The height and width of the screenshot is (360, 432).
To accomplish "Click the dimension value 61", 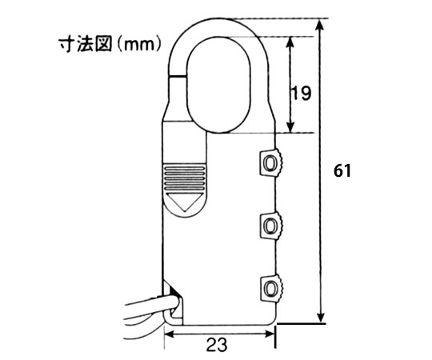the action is click(x=342, y=170).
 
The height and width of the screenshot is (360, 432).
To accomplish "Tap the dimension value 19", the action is click(x=301, y=93).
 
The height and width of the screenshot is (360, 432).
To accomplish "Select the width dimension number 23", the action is click(x=217, y=345).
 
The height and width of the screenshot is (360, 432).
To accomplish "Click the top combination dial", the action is click(x=271, y=162).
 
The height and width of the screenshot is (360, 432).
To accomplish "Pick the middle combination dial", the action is click(x=271, y=226).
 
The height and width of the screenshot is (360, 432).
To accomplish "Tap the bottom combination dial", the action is click(x=271, y=288).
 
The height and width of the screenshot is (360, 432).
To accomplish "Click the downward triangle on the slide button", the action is click(x=184, y=202).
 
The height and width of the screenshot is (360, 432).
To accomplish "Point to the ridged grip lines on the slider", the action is click(x=184, y=178).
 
